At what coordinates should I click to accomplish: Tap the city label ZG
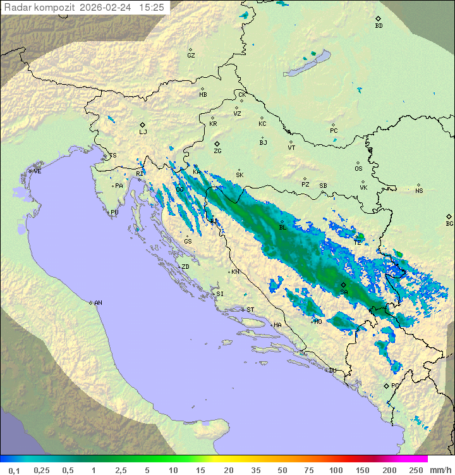(217, 151)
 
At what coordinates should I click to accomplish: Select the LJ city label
(143, 132)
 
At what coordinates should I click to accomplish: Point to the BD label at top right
(379, 26)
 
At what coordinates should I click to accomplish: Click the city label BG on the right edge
(449, 223)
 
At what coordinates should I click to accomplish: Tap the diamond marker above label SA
(344, 285)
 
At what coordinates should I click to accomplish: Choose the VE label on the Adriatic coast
(37, 171)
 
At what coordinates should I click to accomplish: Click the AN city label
(98, 303)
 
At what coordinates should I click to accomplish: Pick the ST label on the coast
(250, 310)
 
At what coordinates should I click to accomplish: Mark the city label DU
(332, 371)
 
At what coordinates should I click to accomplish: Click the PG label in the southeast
(395, 385)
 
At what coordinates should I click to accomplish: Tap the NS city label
(419, 190)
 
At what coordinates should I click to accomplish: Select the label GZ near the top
(191, 55)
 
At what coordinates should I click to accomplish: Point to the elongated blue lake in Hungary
(306, 64)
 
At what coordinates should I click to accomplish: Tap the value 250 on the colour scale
(416, 470)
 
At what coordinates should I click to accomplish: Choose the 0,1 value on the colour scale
(15, 470)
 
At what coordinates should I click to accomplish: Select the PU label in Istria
(114, 213)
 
